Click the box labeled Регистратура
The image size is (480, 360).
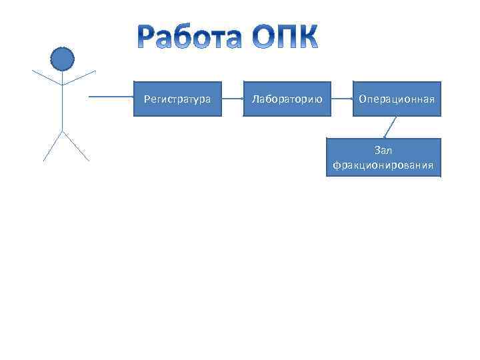click(x=177, y=99)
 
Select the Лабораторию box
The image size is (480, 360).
click(x=287, y=99)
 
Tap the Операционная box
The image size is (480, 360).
click(x=397, y=99)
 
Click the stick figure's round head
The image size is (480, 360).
click(x=62, y=59)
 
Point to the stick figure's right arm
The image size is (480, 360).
click(x=79, y=77)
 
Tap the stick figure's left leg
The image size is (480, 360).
click(x=52, y=147)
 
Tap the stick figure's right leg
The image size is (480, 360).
click(x=75, y=147)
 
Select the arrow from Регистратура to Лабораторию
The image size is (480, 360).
click(x=232, y=99)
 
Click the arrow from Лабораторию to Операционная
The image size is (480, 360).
click(x=341, y=99)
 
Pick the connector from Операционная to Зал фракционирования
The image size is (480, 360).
click(x=390, y=127)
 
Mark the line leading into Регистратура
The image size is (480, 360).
click(x=111, y=97)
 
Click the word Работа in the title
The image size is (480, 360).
click(x=190, y=37)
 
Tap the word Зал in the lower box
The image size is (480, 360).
click(x=383, y=151)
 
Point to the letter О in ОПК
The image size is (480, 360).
click(x=263, y=37)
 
